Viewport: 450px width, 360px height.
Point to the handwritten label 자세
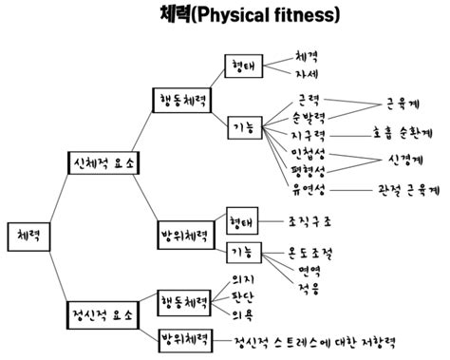[x=306, y=73]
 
